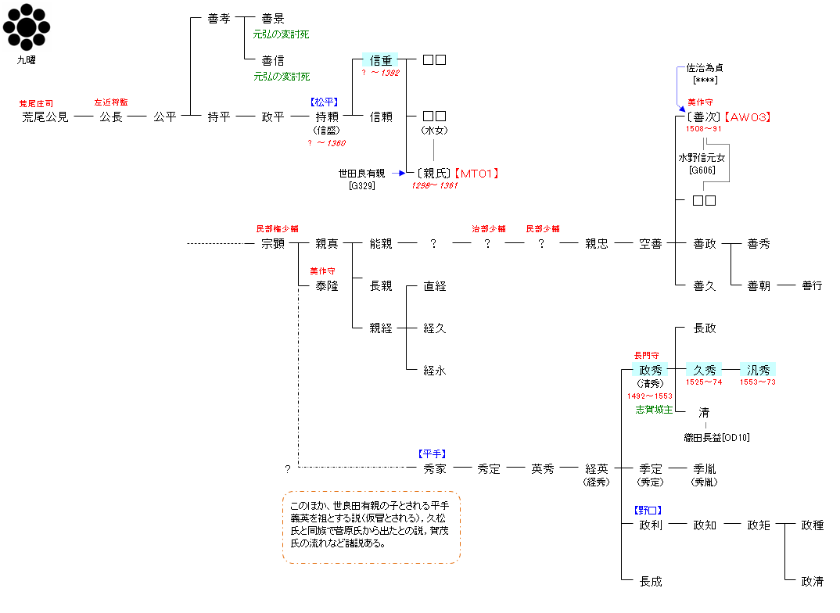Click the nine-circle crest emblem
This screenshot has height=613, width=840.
pyautogui.click(x=27, y=27)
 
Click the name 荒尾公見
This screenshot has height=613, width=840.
pyautogui.click(x=45, y=117)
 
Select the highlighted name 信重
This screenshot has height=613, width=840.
pyautogui.click(x=381, y=60)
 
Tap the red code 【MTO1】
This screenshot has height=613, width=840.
pyautogui.click(x=477, y=174)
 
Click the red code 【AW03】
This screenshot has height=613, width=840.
pyautogui.click(x=748, y=117)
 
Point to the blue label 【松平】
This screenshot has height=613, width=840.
pyautogui.click(x=324, y=102)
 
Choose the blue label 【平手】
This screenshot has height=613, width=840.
pyautogui.click(x=433, y=454)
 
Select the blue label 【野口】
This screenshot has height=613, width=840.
pyautogui.click(x=648, y=511)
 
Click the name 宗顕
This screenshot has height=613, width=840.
pyautogui.click(x=273, y=244)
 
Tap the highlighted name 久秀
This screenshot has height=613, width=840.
pyautogui.click(x=704, y=370)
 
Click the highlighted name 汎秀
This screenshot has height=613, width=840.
pyautogui.click(x=758, y=370)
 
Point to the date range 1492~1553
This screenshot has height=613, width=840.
pyautogui.click(x=650, y=396)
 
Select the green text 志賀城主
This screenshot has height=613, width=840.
pyautogui.click(x=654, y=410)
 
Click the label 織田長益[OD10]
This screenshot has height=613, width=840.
pyautogui.click(x=716, y=438)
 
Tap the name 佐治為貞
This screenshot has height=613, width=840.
pyautogui.click(x=705, y=68)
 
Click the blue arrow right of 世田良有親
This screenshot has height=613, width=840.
pyautogui.click(x=399, y=173)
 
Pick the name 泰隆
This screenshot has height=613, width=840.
pyautogui.click(x=327, y=286)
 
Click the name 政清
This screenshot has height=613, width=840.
pyautogui.click(x=812, y=582)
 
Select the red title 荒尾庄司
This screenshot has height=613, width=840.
pyautogui.click(x=36, y=104)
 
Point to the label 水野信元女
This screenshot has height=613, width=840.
pyautogui.click(x=702, y=158)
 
